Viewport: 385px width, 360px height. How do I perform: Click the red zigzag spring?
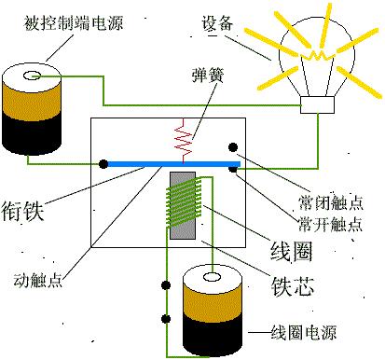tap(183, 139)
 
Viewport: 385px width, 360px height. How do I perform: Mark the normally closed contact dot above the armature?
tap(233, 145)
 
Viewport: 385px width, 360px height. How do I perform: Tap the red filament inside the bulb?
tap(317, 56)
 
